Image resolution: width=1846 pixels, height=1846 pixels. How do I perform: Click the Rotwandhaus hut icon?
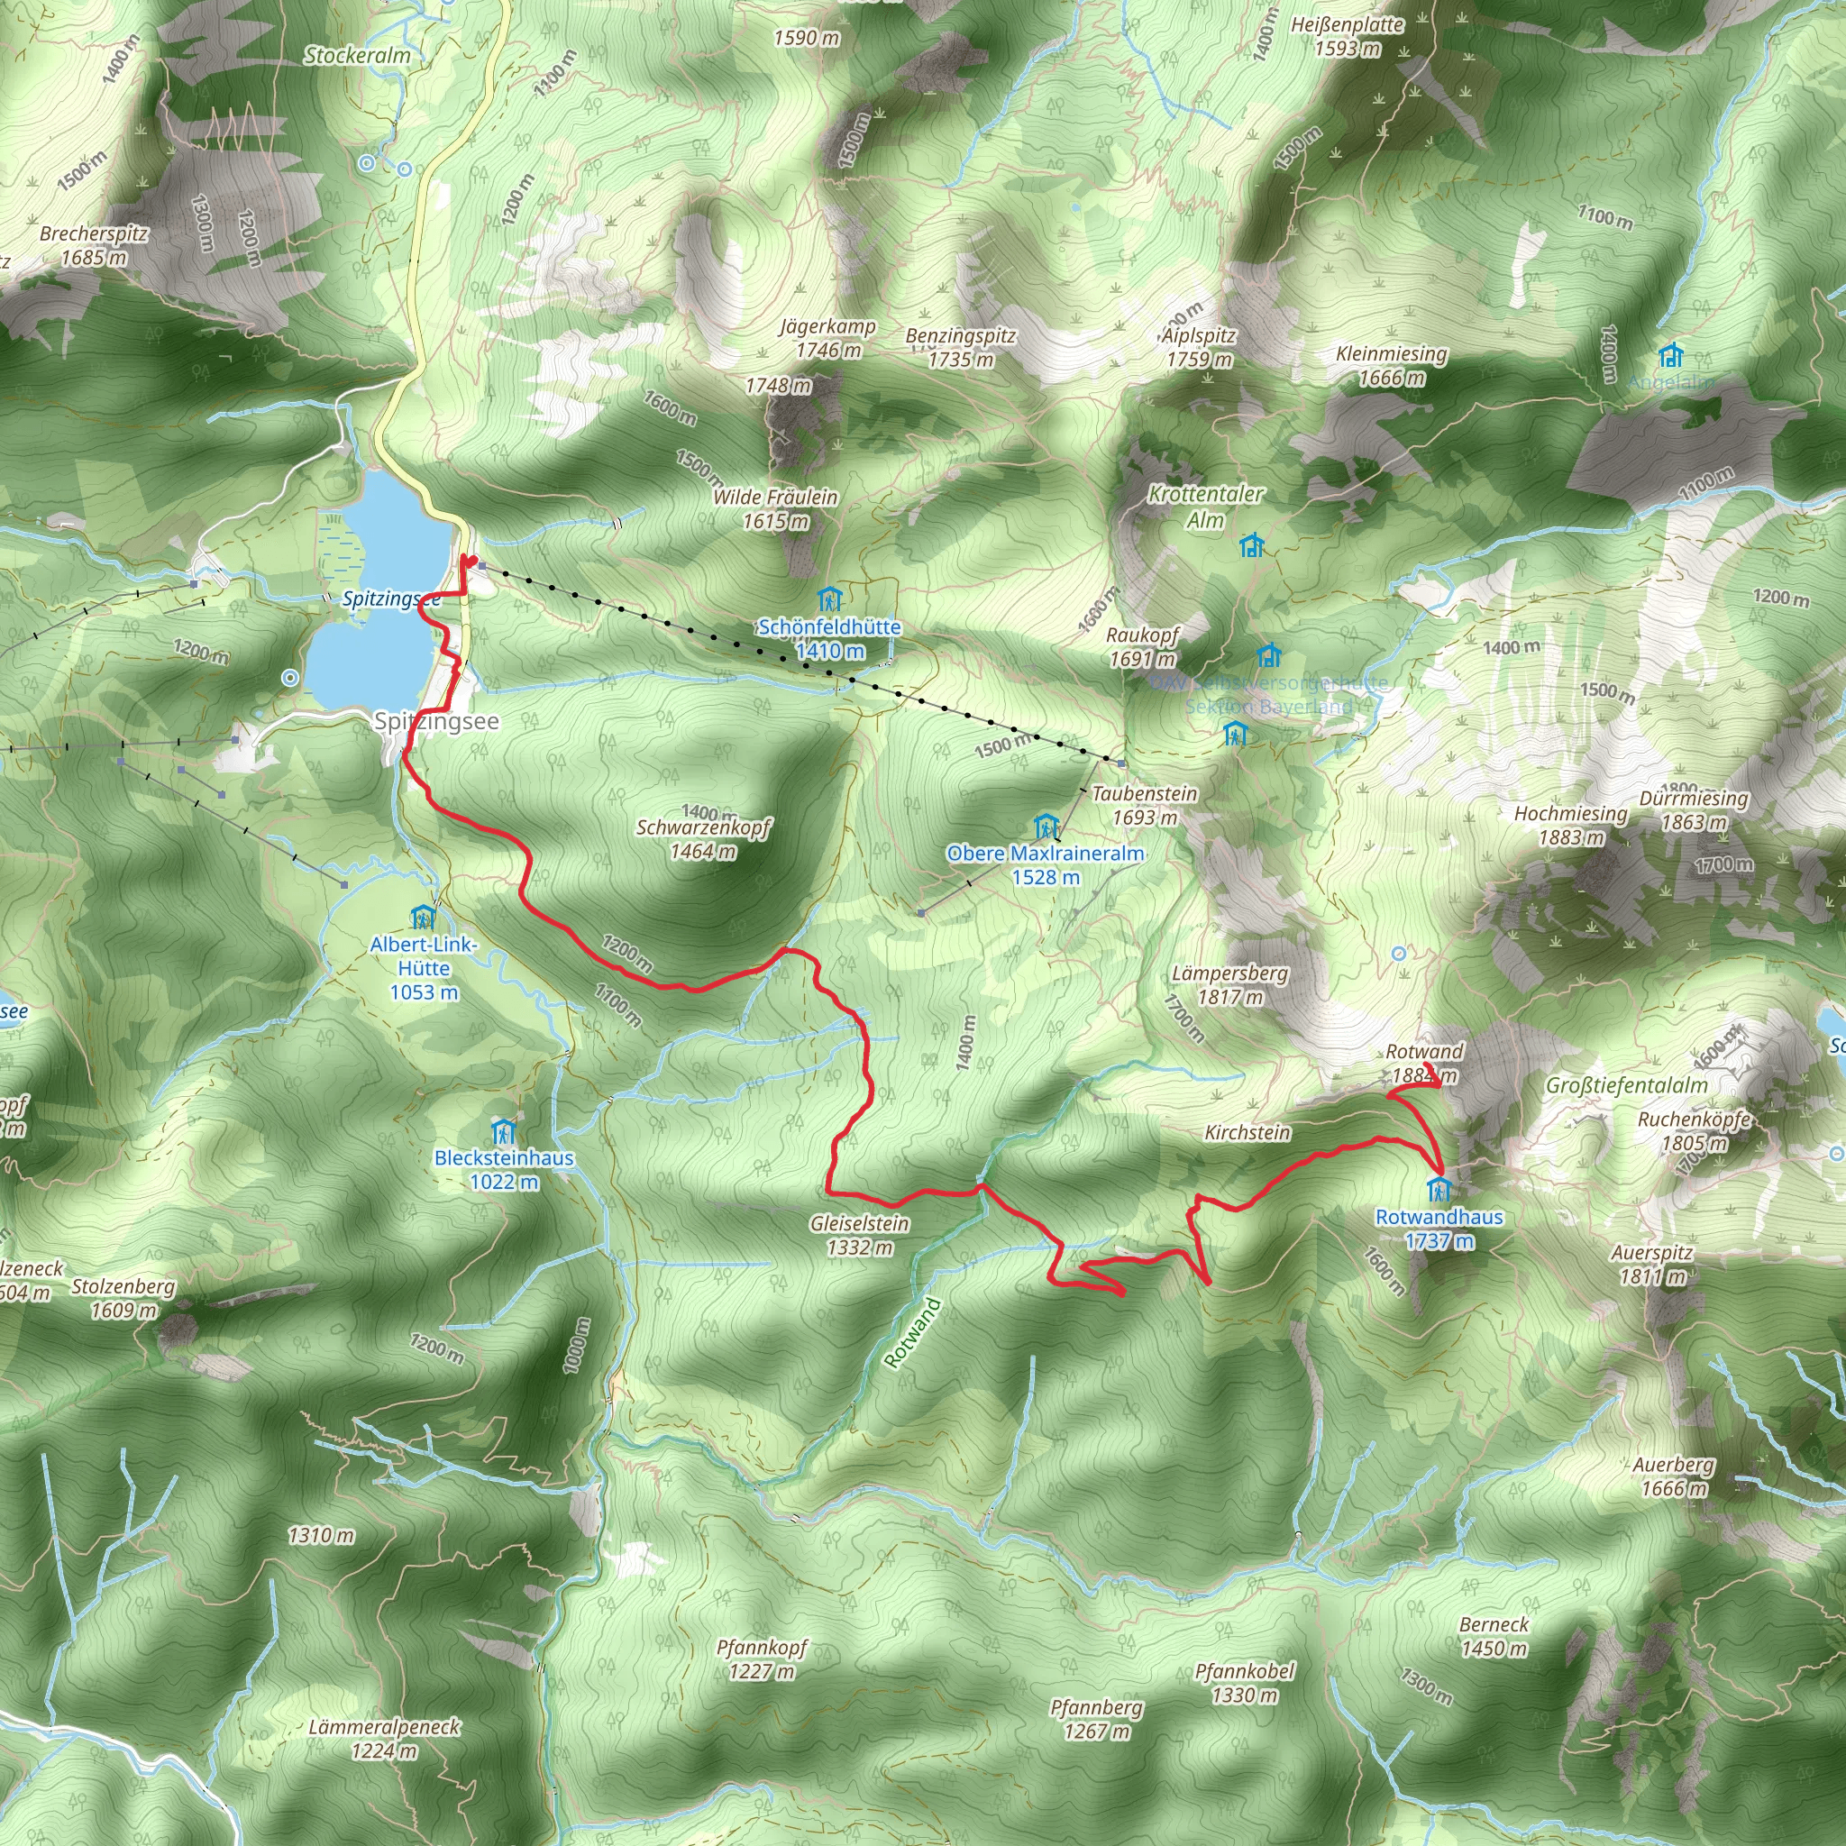(1438, 1191)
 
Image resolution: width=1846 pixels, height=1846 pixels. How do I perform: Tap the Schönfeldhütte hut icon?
(829, 600)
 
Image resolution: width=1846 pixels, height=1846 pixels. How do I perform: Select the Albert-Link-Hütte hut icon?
(423, 918)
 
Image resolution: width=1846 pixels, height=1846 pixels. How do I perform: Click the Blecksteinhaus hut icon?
(503, 1132)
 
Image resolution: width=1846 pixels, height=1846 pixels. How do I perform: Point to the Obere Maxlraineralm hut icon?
(1046, 827)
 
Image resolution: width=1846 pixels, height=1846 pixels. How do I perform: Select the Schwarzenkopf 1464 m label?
(703, 839)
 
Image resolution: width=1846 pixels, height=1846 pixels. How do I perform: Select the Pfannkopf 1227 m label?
(762, 1659)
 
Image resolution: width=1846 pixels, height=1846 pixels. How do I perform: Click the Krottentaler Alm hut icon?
(1251, 545)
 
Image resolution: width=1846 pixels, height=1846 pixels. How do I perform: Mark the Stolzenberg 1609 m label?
(123, 1299)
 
